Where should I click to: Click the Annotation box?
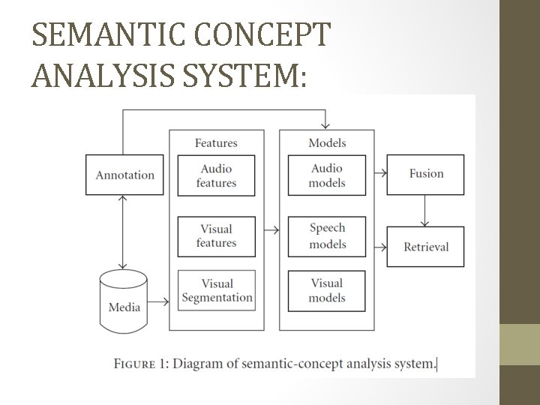(x=124, y=175)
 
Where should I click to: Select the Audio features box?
(x=216, y=175)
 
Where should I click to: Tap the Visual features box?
(x=216, y=235)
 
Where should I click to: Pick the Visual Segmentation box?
(x=217, y=290)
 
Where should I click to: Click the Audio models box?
(x=327, y=175)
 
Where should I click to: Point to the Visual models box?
(x=327, y=290)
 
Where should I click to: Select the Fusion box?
(x=426, y=173)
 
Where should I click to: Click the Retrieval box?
(x=426, y=246)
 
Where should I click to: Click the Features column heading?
(x=216, y=142)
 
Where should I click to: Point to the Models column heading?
(x=327, y=142)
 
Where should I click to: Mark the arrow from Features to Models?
(x=271, y=230)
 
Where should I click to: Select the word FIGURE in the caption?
(x=135, y=364)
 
